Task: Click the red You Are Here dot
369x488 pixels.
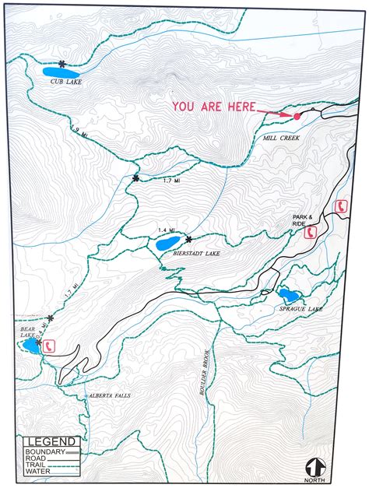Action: point(297,116)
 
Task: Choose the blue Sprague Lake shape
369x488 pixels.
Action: point(289,296)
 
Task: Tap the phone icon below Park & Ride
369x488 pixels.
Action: point(311,232)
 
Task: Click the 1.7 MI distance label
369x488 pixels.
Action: point(171,180)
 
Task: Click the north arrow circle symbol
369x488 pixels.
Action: point(315,467)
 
